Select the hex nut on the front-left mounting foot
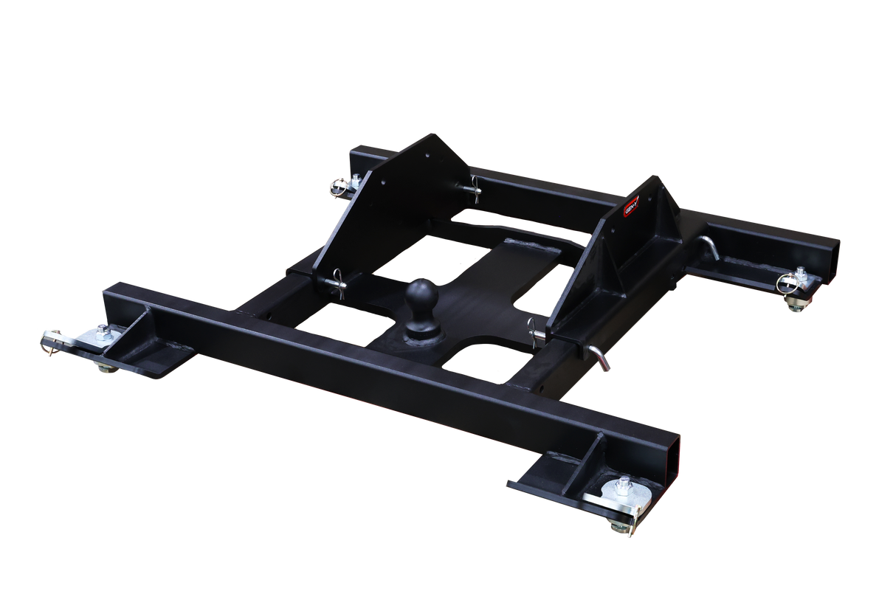[x=102, y=330]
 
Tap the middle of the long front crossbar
[x=384, y=369]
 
